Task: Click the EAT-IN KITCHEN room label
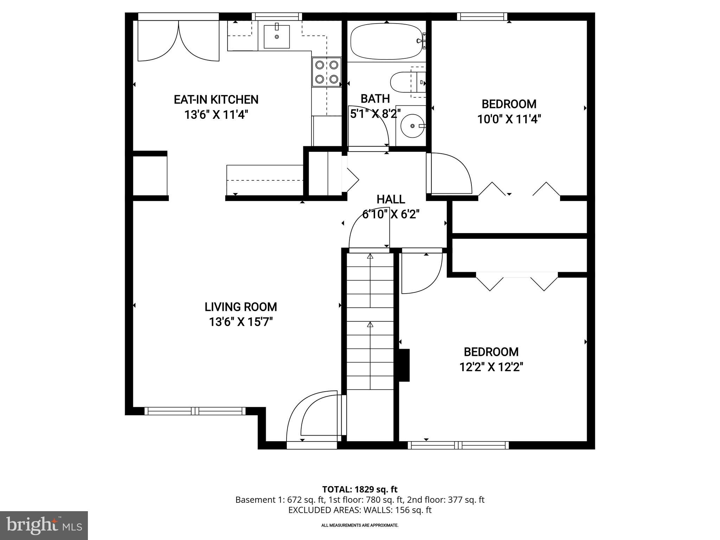pyautogui.click(x=216, y=99)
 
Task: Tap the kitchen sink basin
pyautogui.click(x=277, y=37)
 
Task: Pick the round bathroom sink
pyautogui.click(x=412, y=126)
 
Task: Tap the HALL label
pyautogui.click(x=391, y=199)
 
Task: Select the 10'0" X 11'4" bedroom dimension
pyautogui.click(x=508, y=120)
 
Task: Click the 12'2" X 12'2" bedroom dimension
pyautogui.click(x=491, y=367)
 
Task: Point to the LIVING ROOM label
pyautogui.click(x=241, y=307)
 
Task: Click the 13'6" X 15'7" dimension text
pyautogui.click(x=241, y=322)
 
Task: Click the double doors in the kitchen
pyautogui.click(x=178, y=40)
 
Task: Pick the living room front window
pyautogui.click(x=195, y=411)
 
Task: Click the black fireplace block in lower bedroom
pyautogui.click(x=404, y=365)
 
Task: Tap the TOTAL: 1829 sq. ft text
pyautogui.click(x=360, y=489)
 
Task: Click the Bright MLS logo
pyautogui.click(x=44, y=525)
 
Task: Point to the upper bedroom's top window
pyautogui.click(x=482, y=17)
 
